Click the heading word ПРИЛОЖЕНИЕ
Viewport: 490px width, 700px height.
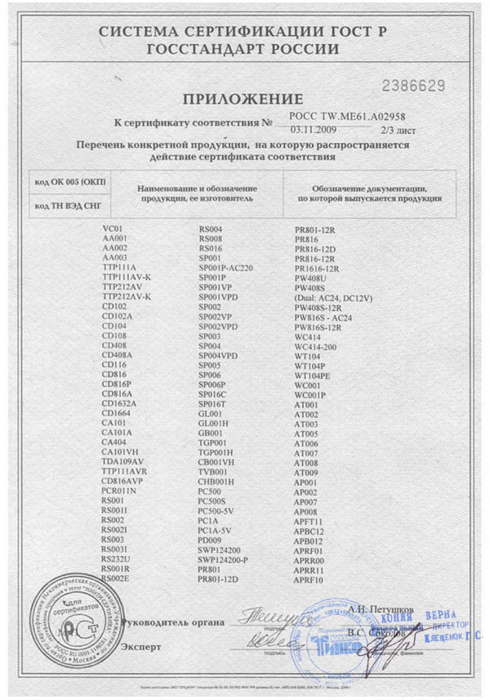(x=243, y=99)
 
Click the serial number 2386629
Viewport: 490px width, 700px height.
(x=415, y=85)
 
